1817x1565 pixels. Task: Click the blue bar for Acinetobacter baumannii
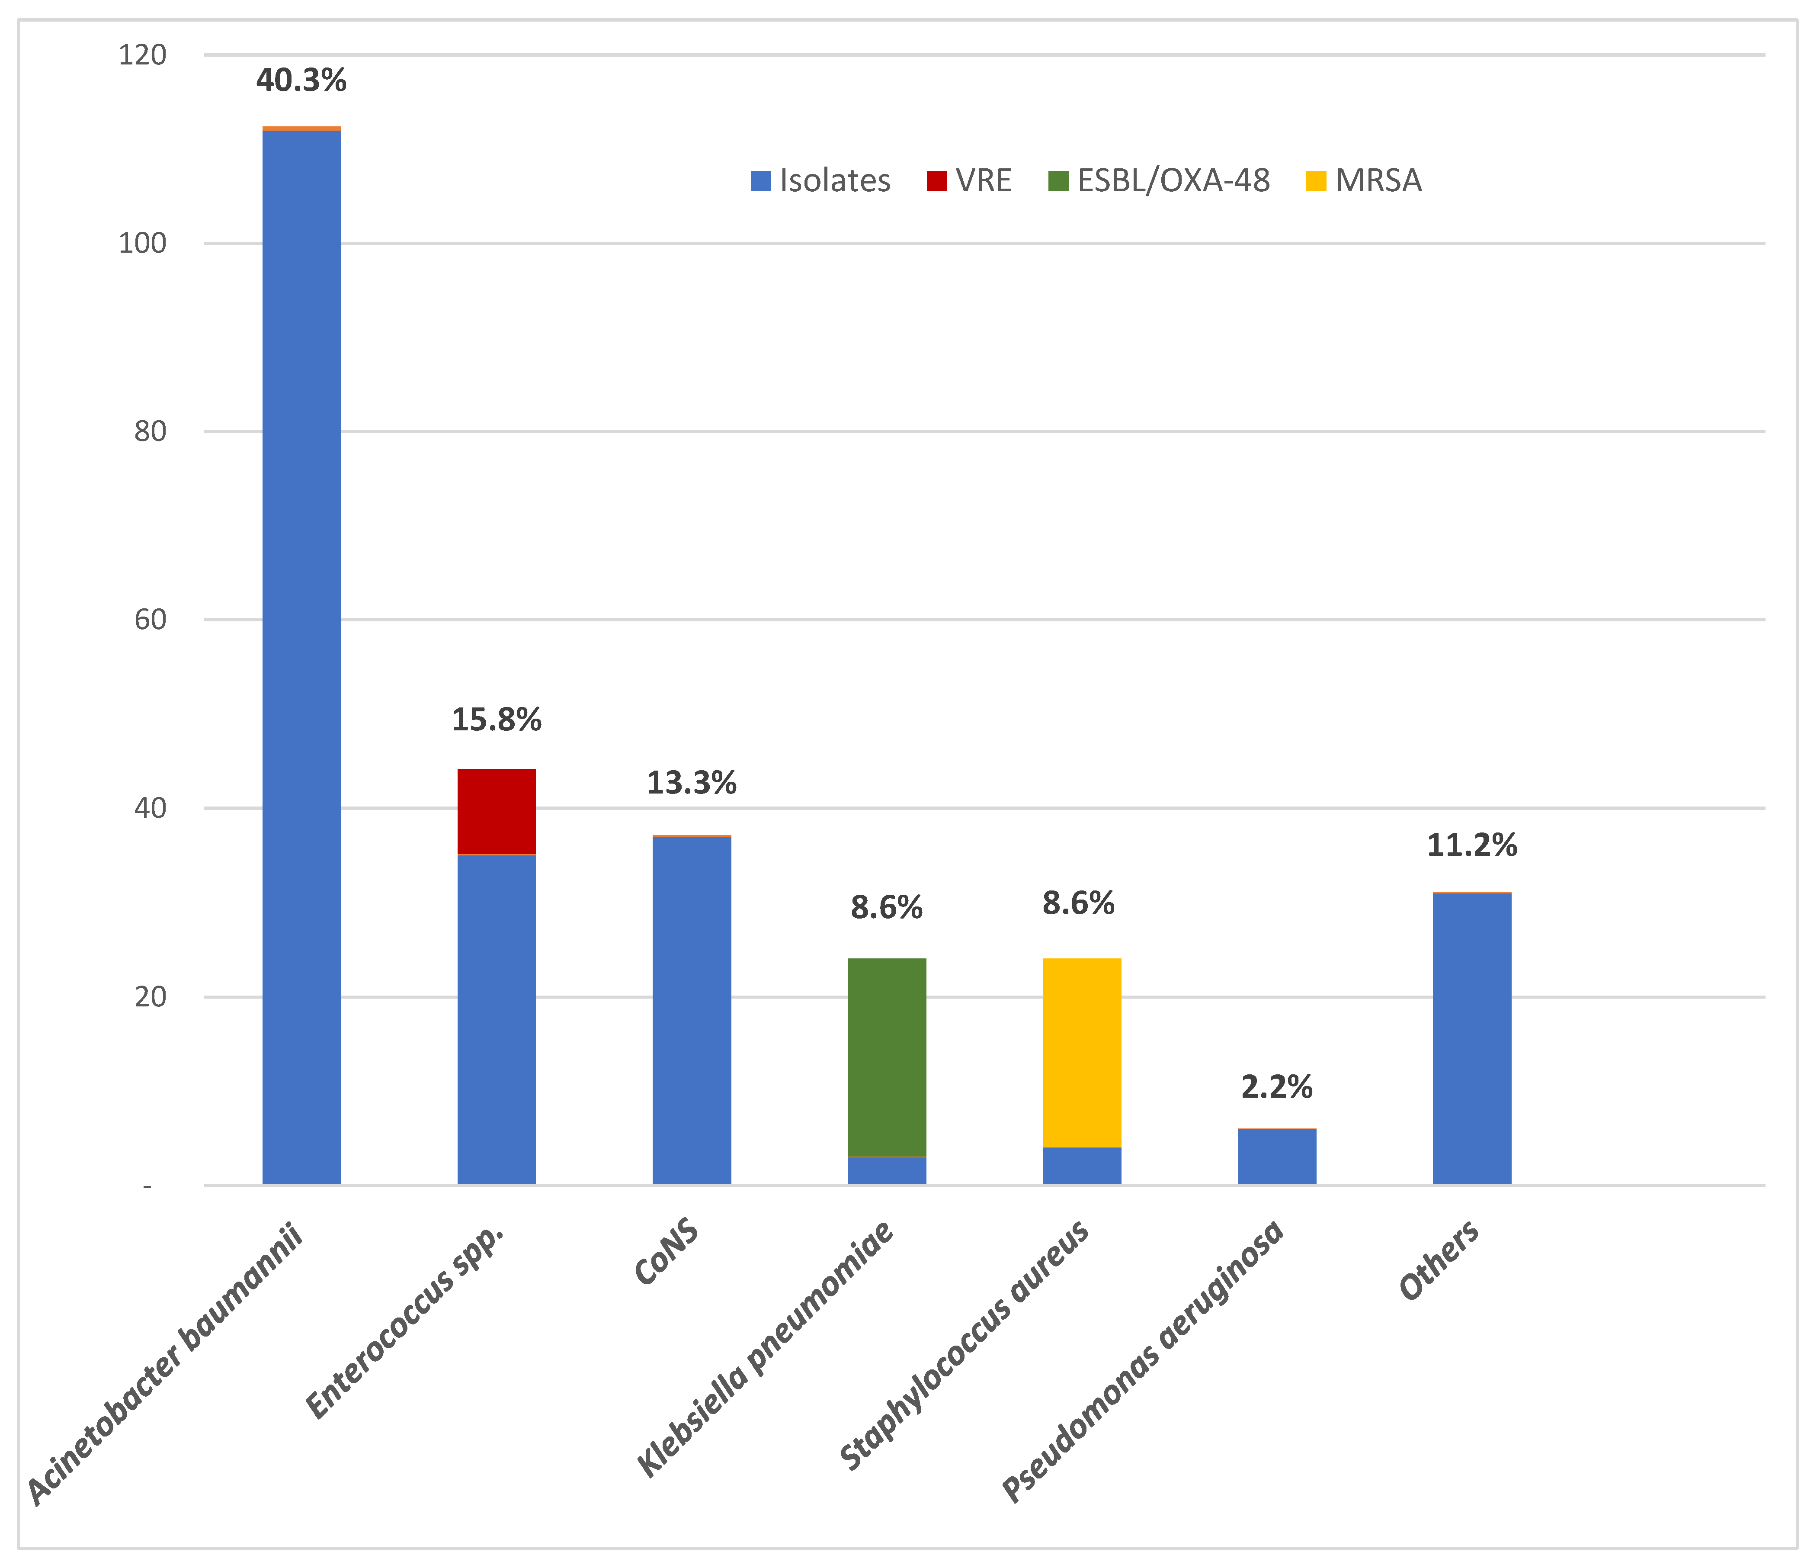[301, 657]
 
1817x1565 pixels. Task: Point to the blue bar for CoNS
[692, 1011]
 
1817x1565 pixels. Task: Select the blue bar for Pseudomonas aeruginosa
[1277, 1156]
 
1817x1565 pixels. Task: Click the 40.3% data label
[301, 81]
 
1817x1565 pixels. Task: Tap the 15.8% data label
[497, 720]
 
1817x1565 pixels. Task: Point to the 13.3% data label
[692, 782]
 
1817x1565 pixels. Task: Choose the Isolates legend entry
[821, 181]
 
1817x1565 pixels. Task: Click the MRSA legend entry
[1364, 181]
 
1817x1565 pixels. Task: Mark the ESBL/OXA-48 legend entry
[1159, 181]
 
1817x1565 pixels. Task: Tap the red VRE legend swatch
[936, 181]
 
